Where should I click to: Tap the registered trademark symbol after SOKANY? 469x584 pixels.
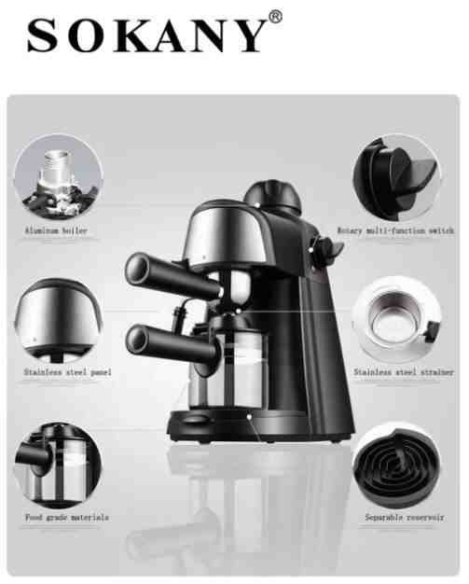coord(275,17)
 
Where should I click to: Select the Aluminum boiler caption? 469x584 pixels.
coord(56,230)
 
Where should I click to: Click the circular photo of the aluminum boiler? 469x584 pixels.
coord(59,177)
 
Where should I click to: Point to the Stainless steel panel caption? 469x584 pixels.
coord(68,372)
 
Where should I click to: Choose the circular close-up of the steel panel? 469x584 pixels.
coord(59,320)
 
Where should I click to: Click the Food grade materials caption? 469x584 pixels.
coord(67,518)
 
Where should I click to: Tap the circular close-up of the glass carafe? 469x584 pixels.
coord(58,465)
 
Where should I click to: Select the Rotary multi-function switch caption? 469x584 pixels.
coord(395,230)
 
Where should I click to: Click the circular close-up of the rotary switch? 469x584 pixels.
coord(397,177)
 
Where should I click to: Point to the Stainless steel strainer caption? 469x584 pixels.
coord(404,372)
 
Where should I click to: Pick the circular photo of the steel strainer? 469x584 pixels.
coord(397,320)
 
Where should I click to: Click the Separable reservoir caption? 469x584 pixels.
coord(405,518)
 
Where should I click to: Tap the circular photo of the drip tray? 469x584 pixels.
coord(397,465)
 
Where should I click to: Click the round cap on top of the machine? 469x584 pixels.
coord(273,197)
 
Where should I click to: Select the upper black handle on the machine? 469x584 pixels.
coord(173,275)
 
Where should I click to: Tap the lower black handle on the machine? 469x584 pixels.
coord(172,345)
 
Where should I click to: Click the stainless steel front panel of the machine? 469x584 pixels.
coord(225,235)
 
